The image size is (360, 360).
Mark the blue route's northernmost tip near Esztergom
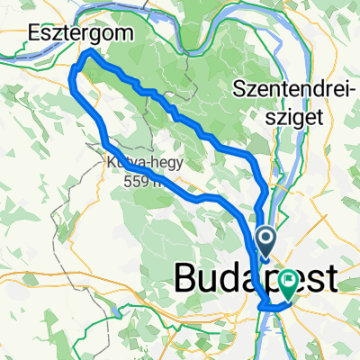(x=88, y=53)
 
